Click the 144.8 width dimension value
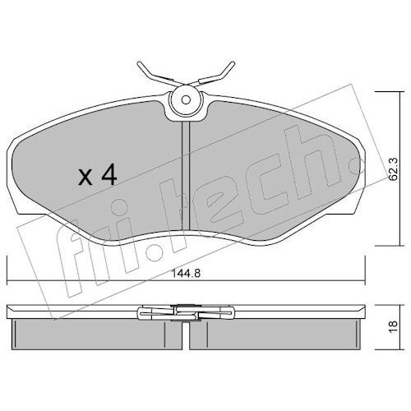click(186, 273)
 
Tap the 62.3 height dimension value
click(393, 169)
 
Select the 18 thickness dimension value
click(393, 327)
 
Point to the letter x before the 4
click(85, 178)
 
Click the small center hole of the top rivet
click(186, 99)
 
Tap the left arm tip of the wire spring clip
click(139, 64)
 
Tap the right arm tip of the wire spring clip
click(233, 64)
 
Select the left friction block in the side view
click(97, 334)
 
